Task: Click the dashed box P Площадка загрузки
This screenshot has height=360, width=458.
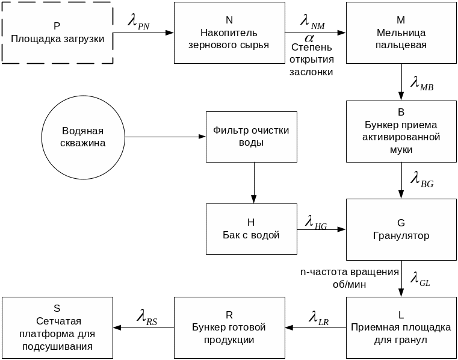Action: (x=57, y=33)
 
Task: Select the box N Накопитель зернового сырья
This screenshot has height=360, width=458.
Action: (x=229, y=33)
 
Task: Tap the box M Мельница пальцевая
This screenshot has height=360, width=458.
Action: (x=401, y=33)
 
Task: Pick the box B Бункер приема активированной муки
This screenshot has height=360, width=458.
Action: (x=401, y=131)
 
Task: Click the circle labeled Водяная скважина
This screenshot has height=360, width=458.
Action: (x=83, y=137)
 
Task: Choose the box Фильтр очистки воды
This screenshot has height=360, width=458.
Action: (x=251, y=137)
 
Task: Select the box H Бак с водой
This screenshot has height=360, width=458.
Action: (x=251, y=229)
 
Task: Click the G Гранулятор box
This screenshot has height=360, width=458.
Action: (x=401, y=229)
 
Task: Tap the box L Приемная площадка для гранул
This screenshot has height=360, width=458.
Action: (x=401, y=327)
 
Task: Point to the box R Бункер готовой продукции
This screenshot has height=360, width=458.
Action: (x=229, y=327)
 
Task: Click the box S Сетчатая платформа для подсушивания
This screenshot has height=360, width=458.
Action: (x=57, y=327)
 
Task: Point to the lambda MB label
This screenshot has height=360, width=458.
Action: (x=421, y=83)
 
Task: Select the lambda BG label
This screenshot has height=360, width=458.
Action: (x=421, y=179)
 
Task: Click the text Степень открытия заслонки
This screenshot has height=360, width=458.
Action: (x=311, y=59)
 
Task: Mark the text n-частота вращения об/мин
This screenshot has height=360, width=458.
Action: (x=350, y=278)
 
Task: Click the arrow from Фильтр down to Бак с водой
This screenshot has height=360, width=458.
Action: (x=254, y=183)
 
